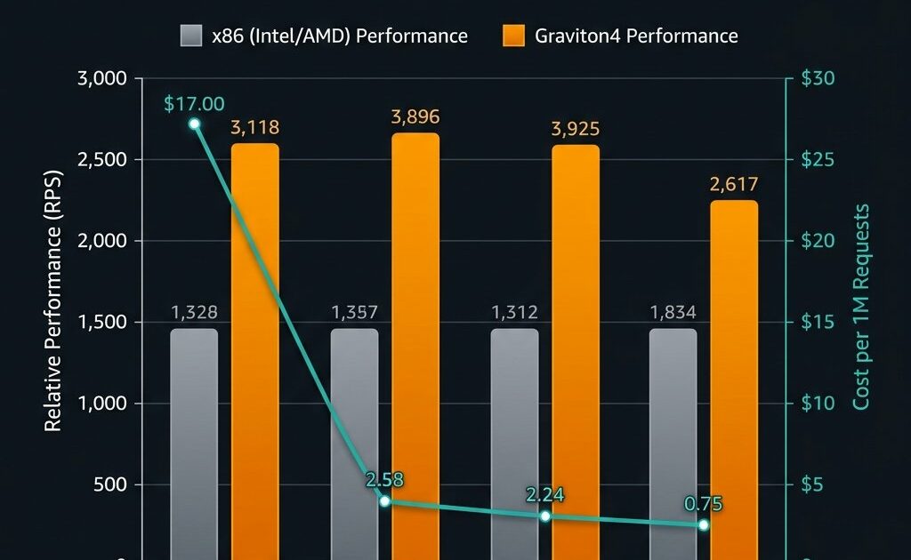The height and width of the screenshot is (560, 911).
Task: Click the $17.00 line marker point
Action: click(x=195, y=124)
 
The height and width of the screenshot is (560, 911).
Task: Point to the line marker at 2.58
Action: click(x=385, y=501)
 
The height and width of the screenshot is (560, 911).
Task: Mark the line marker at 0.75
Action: click(x=704, y=525)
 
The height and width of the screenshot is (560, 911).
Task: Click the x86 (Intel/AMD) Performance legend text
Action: click(x=339, y=36)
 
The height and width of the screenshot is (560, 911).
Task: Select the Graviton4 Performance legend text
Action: click(x=636, y=36)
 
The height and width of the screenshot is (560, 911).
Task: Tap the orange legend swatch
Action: click(x=513, y=36)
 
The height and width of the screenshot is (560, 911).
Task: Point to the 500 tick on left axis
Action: click(x=111, y=485)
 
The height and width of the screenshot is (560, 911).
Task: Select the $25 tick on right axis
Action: click(x=818, y=160)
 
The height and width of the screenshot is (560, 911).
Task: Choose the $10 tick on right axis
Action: click(x=818, y=404)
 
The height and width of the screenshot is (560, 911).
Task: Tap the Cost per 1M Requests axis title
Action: click(x=860, y=308)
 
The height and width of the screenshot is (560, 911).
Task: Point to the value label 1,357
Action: click(x=354, y=312)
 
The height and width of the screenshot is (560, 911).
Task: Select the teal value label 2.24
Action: click(x=545, y=495)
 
